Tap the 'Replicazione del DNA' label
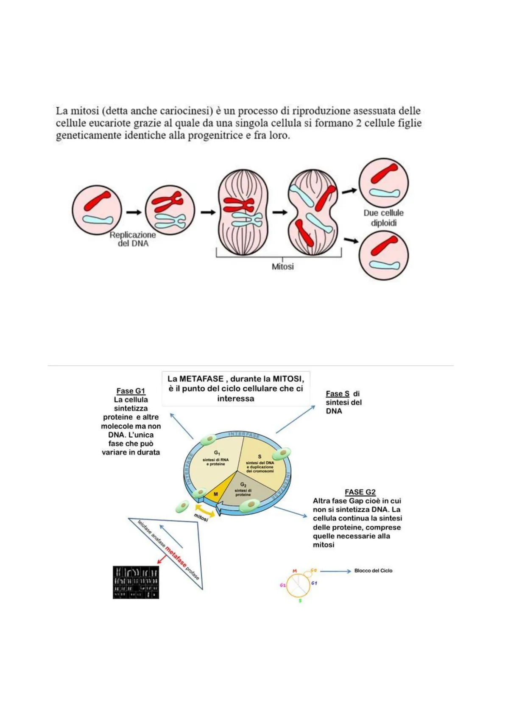133,239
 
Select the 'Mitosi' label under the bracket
282,267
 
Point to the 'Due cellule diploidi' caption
383,218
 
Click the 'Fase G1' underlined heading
131,391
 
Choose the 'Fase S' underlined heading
338,394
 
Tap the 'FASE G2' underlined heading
360,492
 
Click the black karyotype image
136,582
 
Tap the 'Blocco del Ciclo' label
373,571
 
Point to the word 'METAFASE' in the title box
201,379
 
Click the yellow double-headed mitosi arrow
205,509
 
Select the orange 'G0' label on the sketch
313,570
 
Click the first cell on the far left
97,210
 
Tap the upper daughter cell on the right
384,182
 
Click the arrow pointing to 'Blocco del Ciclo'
335,571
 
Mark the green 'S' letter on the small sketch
300,600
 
